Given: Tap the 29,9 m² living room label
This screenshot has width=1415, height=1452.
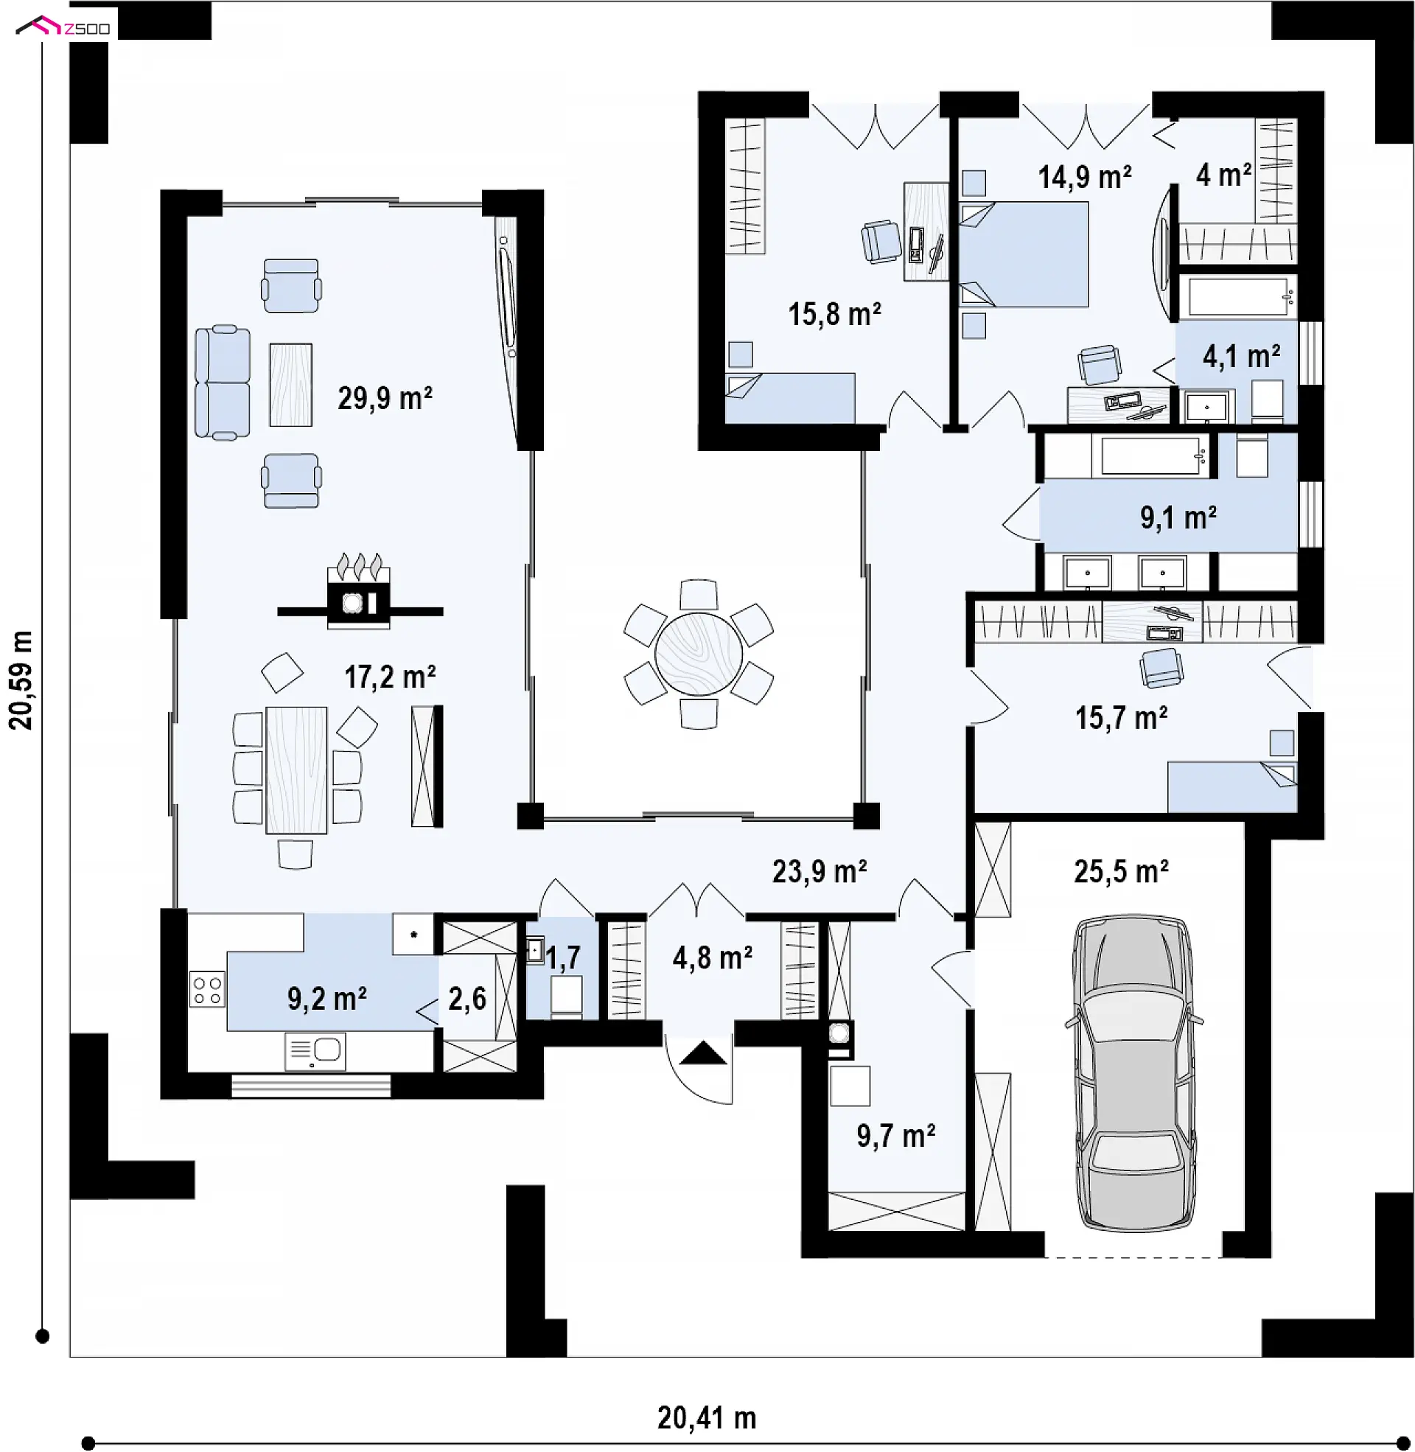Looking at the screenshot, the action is [x=385, y=399].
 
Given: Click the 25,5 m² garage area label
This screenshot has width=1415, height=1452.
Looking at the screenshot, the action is [x=1121, y=872].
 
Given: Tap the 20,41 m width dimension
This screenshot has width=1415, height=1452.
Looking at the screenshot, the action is [x=707, y=1419].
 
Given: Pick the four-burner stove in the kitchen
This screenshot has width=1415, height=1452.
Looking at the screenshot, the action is [x=207, y=989].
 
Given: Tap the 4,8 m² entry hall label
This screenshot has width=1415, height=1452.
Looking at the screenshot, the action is [x=712, y=959].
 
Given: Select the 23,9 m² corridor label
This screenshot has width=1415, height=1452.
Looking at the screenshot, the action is [x=819, y=872].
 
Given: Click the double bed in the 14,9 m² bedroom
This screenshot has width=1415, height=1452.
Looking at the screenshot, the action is [x=1024, y=254].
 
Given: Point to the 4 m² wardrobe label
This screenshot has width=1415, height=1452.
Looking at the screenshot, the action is [x=1223, y=175].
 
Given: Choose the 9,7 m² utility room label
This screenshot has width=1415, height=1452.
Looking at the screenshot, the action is [x=895, y=1137].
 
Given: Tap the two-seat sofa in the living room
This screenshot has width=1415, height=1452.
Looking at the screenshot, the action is [x=223, y=382].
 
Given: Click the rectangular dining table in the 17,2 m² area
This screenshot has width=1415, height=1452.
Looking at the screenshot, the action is [x=296, y=769].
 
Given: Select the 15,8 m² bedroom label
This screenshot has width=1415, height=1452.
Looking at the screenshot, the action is [x=834, y=314].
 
